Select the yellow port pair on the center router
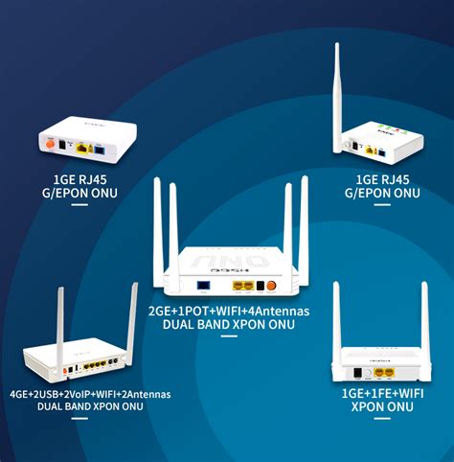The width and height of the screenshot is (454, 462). (x=248, y=285)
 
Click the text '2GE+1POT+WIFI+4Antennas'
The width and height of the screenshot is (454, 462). (x=228, y=312)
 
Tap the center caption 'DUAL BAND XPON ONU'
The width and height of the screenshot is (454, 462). (x=228, y=325)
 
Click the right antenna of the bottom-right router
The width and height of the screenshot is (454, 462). (x=422, y=326)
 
